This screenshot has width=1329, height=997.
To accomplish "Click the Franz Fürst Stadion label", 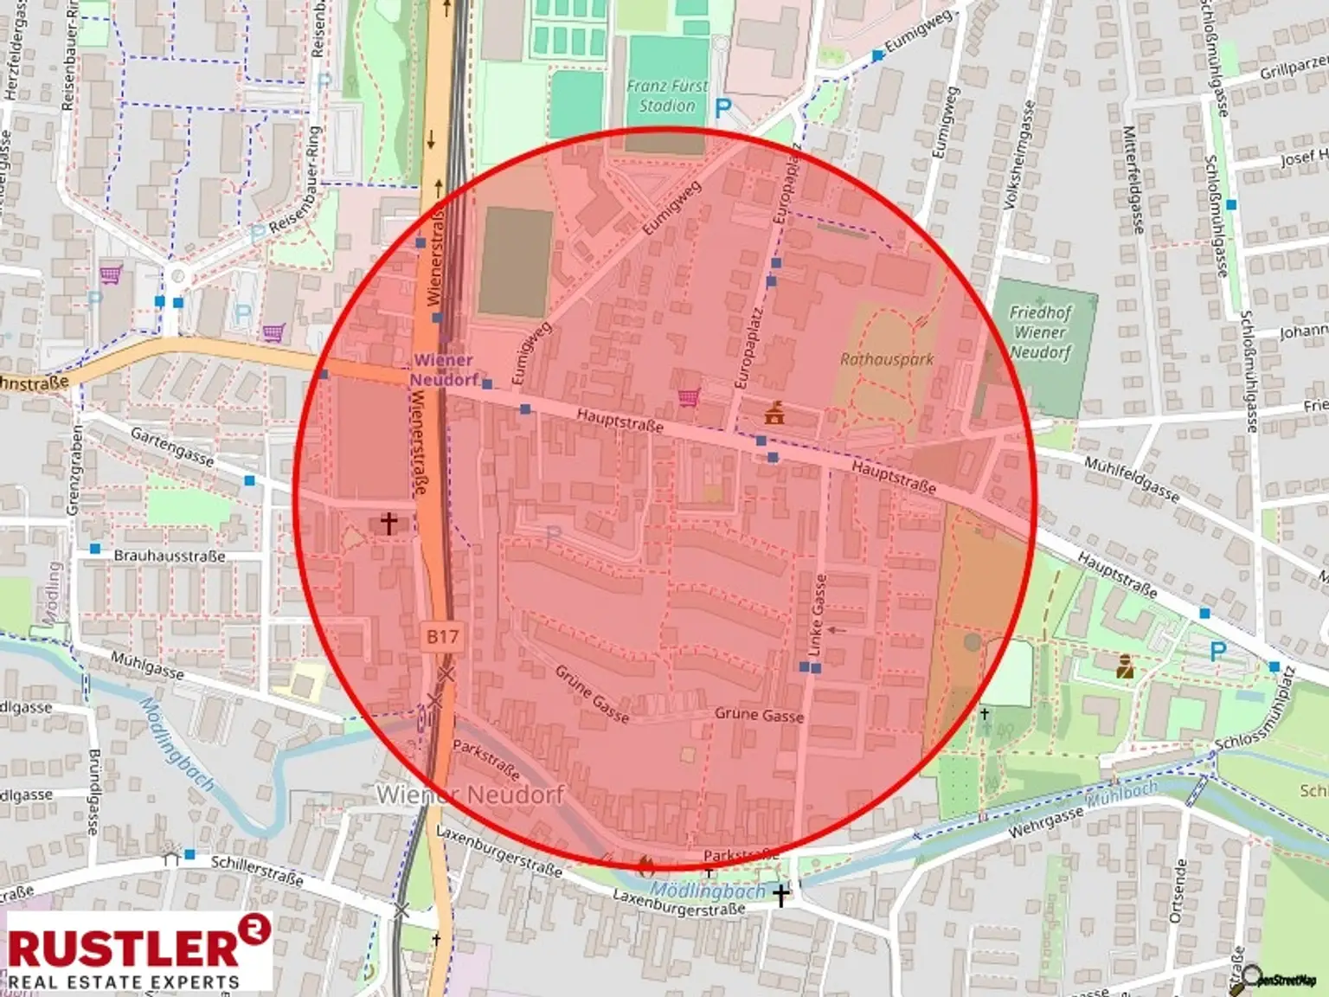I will click(667, 96).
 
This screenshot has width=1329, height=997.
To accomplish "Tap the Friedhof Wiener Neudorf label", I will click(1042, 332).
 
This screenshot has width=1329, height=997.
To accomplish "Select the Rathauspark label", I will click(887, 358).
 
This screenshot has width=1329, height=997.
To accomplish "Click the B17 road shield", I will click(442, 637).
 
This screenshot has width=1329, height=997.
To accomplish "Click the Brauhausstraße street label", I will click(170, 556).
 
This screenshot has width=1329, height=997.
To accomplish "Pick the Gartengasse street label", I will click(172, 446).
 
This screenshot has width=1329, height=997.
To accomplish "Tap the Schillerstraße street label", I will click(257, 869).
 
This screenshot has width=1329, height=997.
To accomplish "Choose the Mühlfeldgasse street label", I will click(1132, 479).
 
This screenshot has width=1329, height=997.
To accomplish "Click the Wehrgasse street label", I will click(1046, 822).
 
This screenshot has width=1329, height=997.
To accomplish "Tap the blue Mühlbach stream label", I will click(1121, 792).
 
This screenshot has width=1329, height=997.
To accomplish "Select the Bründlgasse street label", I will click(93, 792).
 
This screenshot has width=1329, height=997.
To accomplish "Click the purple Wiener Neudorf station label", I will click(443, 370).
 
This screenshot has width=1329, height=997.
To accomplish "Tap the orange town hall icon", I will click(774, 413).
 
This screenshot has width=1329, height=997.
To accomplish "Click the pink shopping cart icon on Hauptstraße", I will click(689, 397).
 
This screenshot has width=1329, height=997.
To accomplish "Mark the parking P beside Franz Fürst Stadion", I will click(723, 109).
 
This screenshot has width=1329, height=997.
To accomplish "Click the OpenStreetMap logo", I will click(1281, 979).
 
